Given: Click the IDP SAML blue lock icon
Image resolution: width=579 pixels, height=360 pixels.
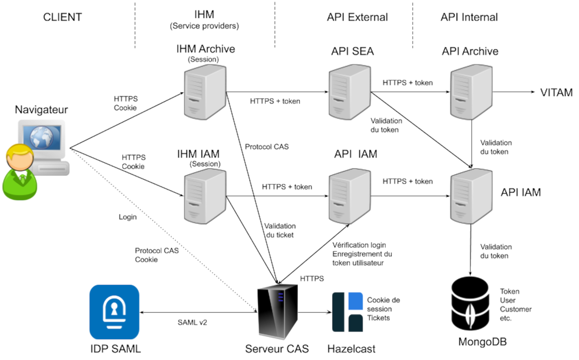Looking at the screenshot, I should [114, 312].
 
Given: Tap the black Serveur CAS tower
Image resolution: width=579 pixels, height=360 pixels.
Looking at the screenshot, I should [277, 311].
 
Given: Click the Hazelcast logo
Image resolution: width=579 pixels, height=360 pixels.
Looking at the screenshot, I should [347, 312].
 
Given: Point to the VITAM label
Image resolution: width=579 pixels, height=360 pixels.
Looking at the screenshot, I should [556, 93].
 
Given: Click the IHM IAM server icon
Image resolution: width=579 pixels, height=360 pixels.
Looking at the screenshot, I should [205, 196].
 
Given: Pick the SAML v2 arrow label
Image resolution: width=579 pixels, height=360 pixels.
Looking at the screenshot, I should [192, 322].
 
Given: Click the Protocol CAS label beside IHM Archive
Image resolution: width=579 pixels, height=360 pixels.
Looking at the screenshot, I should [266, 147].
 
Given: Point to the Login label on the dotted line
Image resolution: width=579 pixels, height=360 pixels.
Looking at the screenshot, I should [127, 217].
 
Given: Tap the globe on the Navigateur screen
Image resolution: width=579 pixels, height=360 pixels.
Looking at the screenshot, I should [41, 137].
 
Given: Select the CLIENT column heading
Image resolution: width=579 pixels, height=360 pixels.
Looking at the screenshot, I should [62, 17].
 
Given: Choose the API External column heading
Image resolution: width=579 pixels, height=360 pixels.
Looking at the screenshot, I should [357, 17].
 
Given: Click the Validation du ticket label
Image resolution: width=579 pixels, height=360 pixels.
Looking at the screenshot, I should [280, 230].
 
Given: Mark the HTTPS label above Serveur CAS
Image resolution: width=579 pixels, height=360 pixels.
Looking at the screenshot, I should [312, 278].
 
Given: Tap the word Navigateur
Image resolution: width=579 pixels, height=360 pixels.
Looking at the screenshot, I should [41, 109].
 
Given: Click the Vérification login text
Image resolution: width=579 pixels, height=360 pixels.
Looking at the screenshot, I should [359, 245].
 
